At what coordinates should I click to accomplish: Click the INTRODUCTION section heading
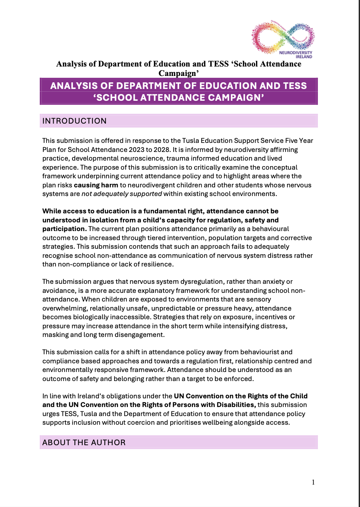(x=74, y=121)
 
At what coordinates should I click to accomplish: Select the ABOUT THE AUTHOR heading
(x=84, y=442)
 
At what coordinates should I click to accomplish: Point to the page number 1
(x=313, y=482)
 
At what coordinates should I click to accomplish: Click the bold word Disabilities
(x=231, y=404)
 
